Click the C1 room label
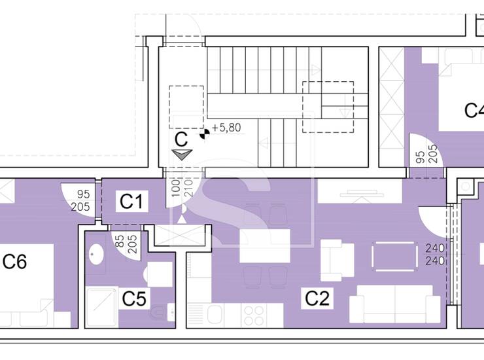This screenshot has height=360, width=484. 131,202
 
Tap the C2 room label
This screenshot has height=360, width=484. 317,298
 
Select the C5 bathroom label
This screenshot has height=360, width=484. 134,298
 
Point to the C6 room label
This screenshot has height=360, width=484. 15,261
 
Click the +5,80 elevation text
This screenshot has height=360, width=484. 226,128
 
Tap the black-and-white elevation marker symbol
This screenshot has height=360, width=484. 204,134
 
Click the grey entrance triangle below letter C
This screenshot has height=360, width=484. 182,154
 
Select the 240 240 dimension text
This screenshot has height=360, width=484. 435,255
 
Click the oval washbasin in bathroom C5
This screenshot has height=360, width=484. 96,255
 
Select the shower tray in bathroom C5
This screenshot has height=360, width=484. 102,306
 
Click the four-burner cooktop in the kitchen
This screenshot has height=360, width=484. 254,315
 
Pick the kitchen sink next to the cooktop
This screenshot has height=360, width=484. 215,315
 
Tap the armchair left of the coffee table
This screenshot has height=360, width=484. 337,261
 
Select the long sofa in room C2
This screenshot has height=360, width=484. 395,304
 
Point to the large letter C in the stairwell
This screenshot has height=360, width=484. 181,139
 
